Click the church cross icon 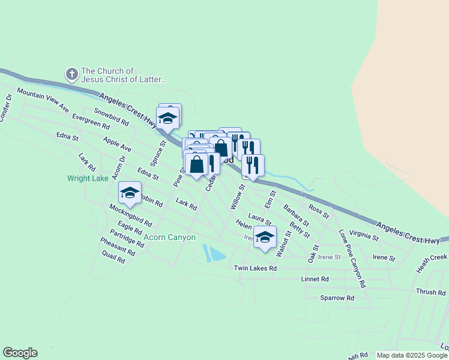pyautogui.click(x=71, y=74)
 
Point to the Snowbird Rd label pyautogui.click(x=111, y=116)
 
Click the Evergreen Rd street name pyautogui.click(x=90, y=122)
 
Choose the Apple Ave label pyautogui.click(x=117, y=144)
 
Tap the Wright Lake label pyautogui.click(x=87, y=178)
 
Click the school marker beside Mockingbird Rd pyautogui.click(x=130, y=193)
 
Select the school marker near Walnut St pyautogui.click(x=265, y=238)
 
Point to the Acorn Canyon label pyautogui.click(x=170, y=238)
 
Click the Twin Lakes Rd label pyautogui.click(x=255, y=268)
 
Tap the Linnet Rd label pyautogui.click(x=316, y=280)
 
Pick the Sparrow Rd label pyautogui.click(x=337, y=298)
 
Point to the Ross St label pyautogui.click(x=319, y=211)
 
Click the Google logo pyautogui.click(x=20, y=353)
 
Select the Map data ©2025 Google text pyautogui.click(x=411, y=355)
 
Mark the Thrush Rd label pyautogui.click(x=430, y=292)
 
